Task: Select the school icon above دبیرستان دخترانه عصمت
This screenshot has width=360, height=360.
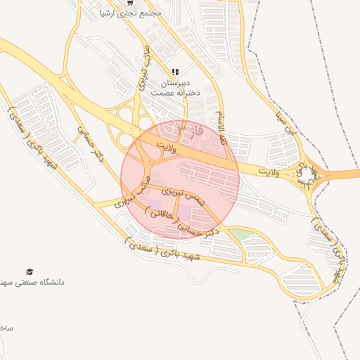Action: coord(175,72)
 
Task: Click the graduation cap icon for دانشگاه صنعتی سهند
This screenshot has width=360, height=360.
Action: coord(30,271)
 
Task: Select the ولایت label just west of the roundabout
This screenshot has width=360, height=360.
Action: coord(271,171)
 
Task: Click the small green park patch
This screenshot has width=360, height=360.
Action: coord(240,235)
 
